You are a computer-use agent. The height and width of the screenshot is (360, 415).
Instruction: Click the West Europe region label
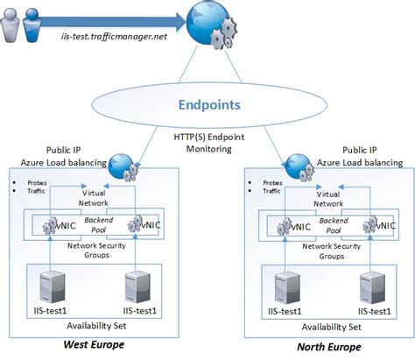95,344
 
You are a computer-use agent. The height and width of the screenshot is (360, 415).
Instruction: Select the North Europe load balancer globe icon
292,164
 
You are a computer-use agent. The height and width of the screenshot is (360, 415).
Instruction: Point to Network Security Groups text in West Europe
95,251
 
